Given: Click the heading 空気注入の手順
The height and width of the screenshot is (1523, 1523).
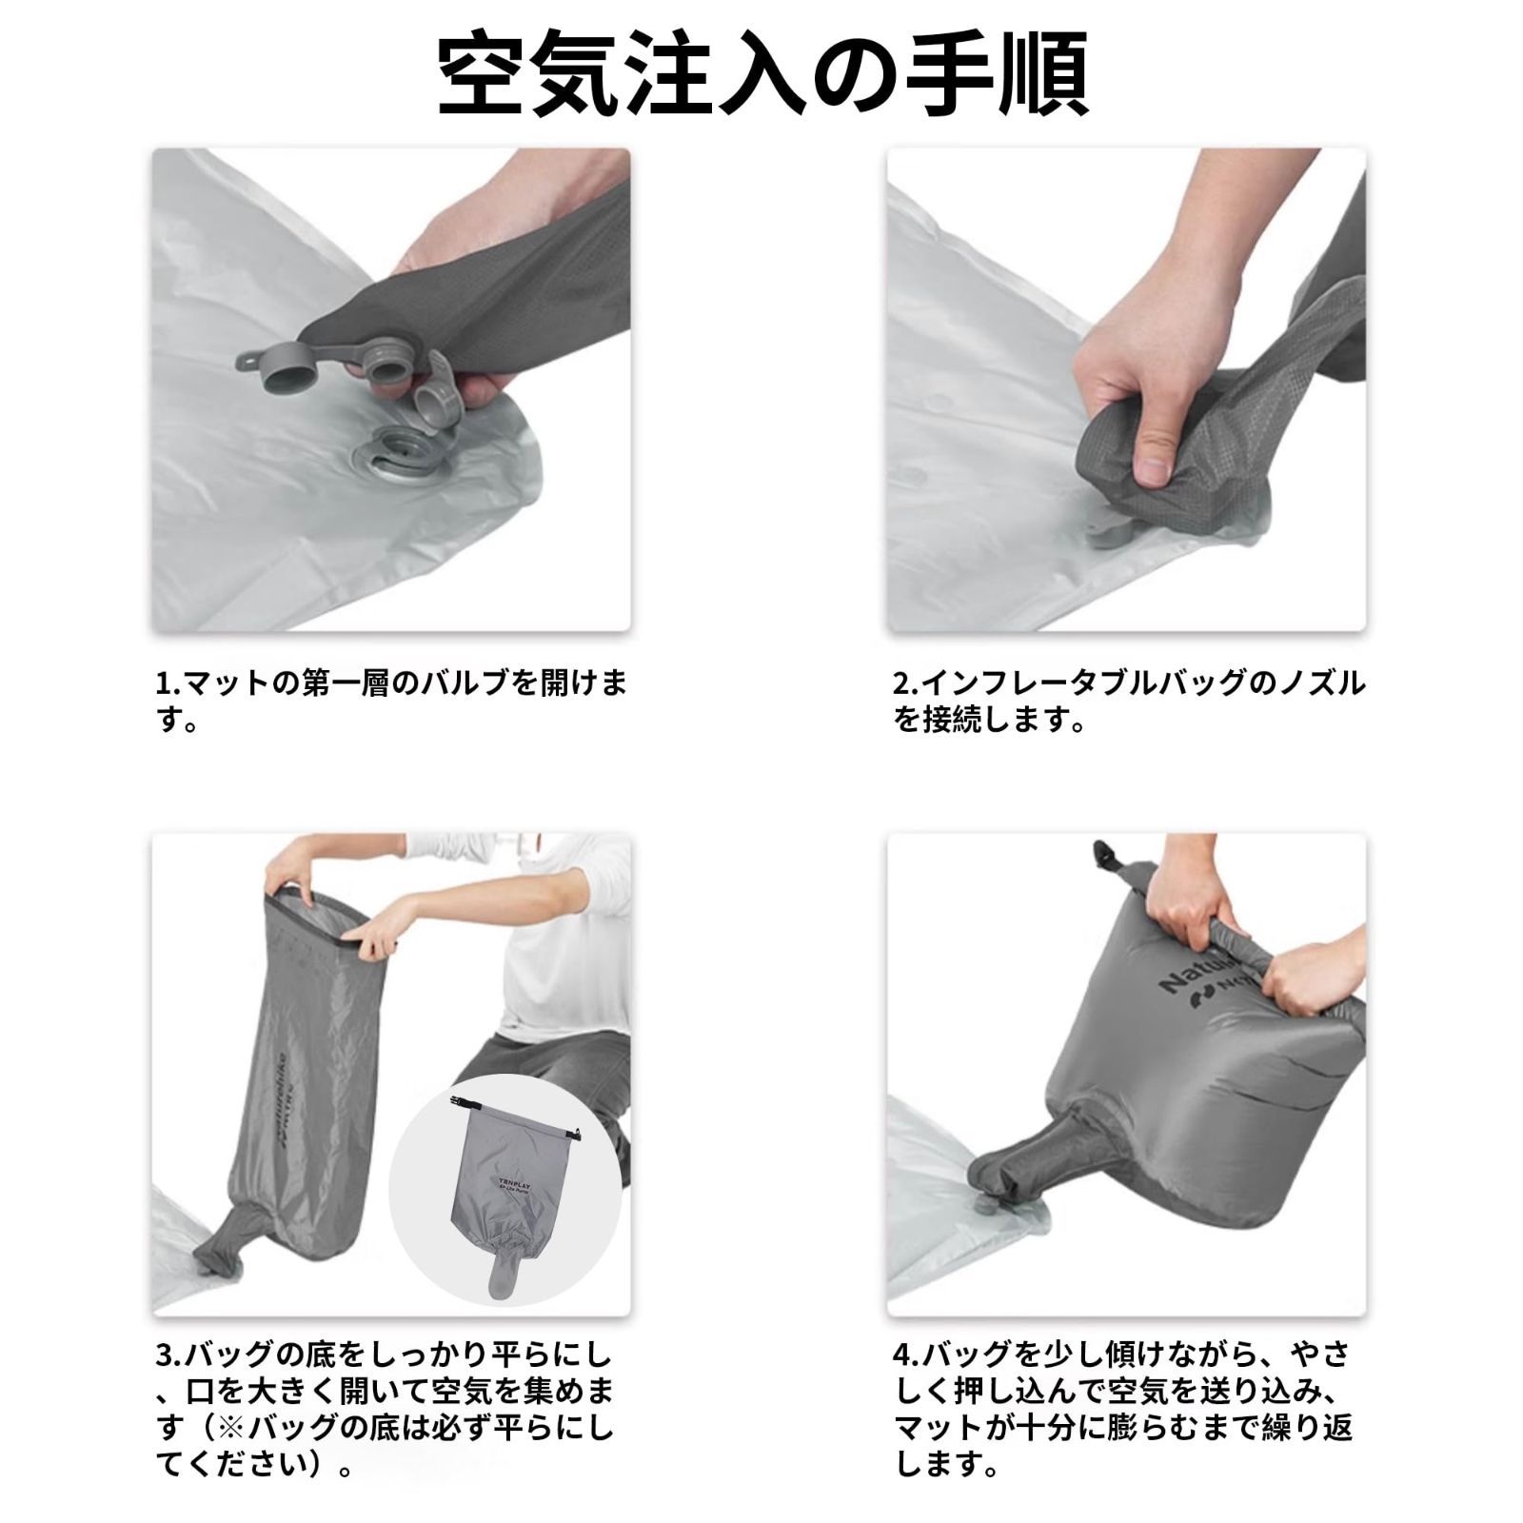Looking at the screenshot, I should (x=761, y=76).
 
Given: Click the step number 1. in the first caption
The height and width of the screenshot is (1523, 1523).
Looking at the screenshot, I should (x=168, y=683).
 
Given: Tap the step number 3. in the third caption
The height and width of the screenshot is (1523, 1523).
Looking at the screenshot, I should (x=168, y=1354).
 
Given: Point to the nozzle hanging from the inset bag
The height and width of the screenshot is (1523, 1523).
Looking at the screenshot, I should (x=504, y=1271).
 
